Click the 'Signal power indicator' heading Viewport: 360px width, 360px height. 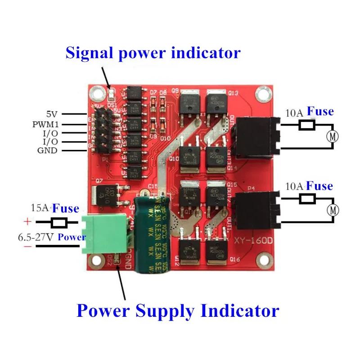pos(153,53)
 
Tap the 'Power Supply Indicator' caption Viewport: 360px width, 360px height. pos(178,310)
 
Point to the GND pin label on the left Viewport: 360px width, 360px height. pos(47,150)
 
